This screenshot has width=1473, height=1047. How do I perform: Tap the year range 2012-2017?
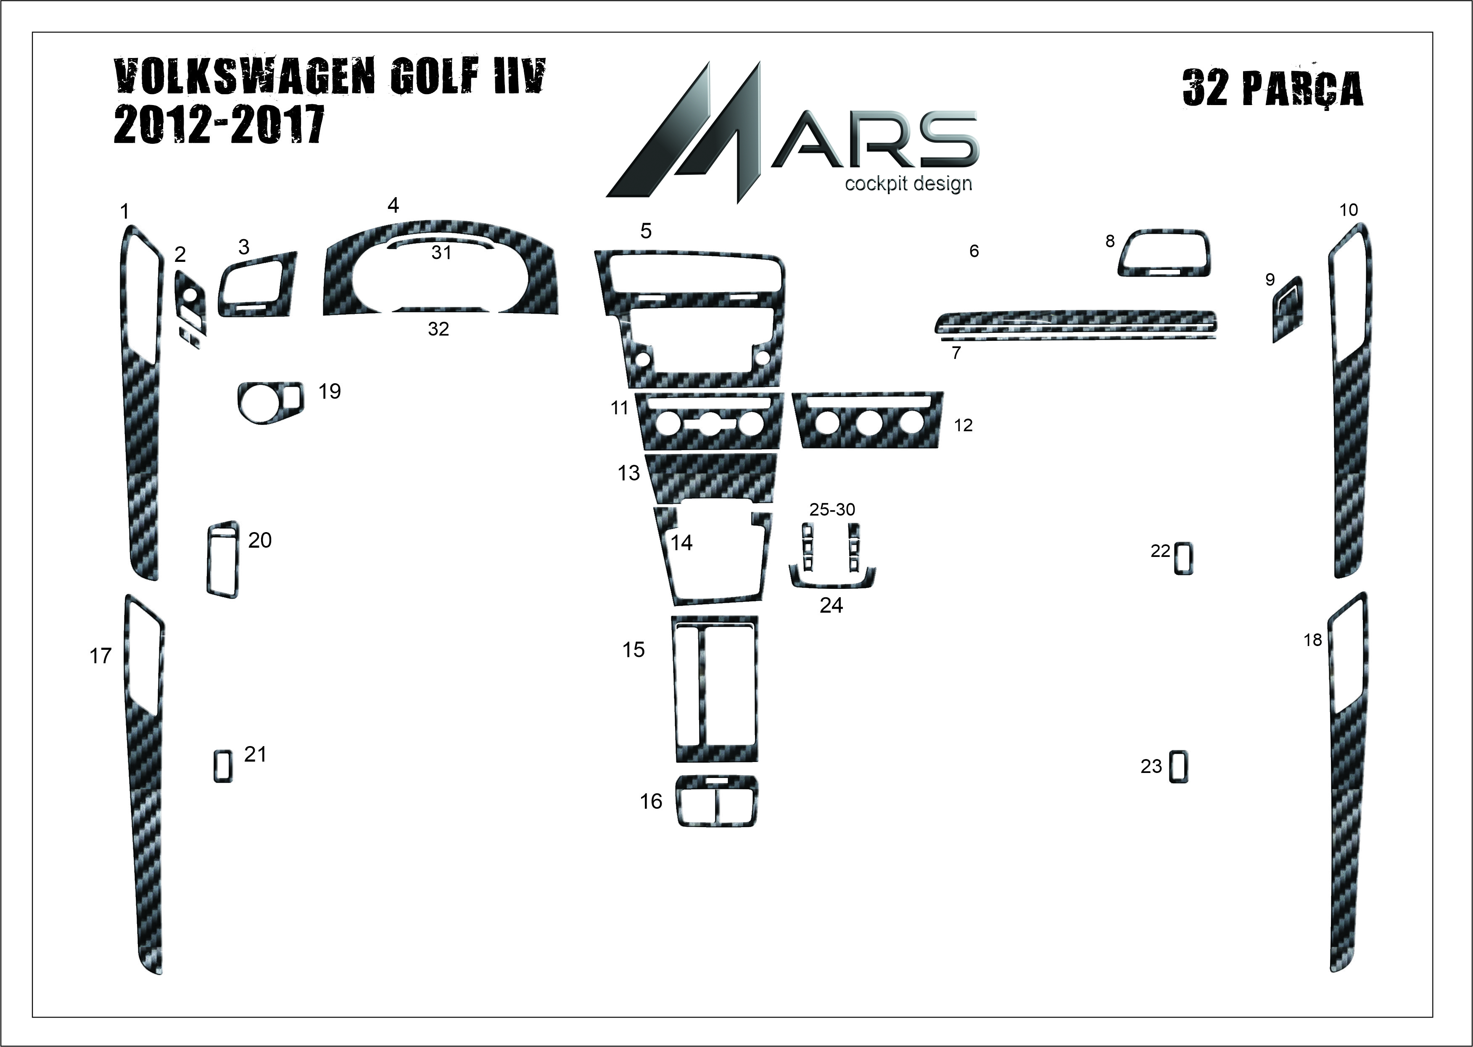[219, 125]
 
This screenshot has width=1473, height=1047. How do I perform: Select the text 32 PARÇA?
[1273, 88]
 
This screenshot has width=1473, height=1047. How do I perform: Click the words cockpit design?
[908, 184]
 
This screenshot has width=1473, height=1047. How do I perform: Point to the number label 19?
[330, 391]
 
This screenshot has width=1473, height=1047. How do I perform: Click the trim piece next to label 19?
[269, 402]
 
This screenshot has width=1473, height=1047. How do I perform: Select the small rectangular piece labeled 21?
[223, 767]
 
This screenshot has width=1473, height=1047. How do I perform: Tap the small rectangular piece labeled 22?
[1183, 558]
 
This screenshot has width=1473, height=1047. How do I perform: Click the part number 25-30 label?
[832, 509]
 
